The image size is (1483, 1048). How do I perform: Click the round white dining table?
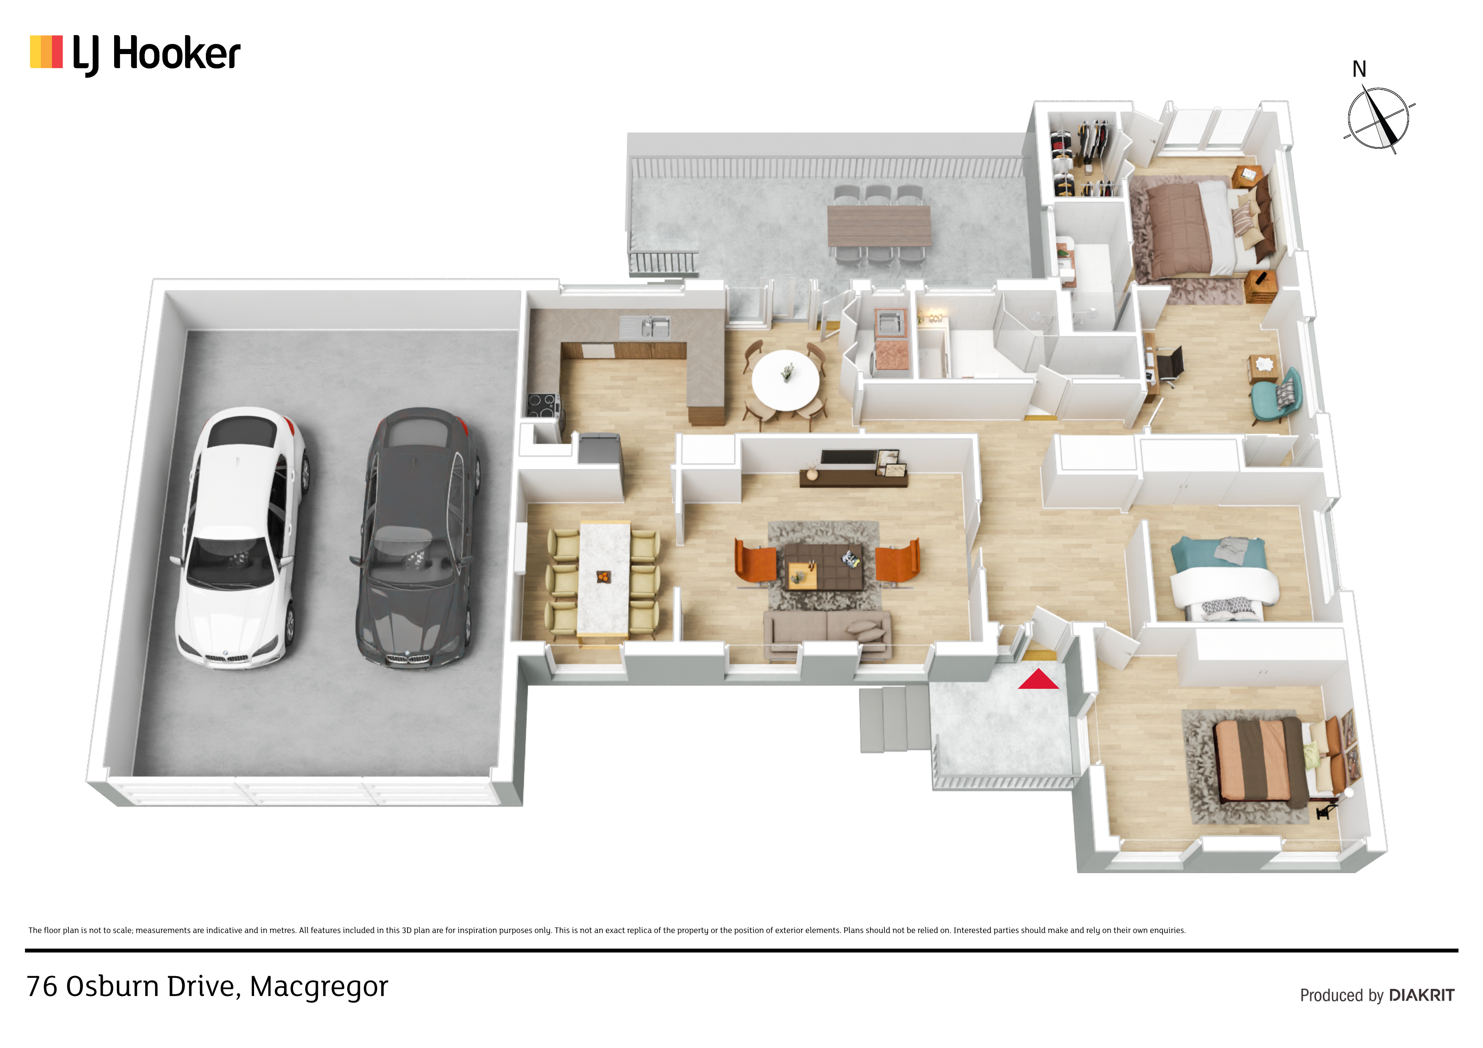pos(785,379)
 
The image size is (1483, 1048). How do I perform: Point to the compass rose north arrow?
pos(1378,118)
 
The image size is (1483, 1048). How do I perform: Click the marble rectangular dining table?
pos(604,579)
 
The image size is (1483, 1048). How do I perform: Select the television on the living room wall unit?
pos(848,458)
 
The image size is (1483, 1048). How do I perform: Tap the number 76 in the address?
pos(42,987)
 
